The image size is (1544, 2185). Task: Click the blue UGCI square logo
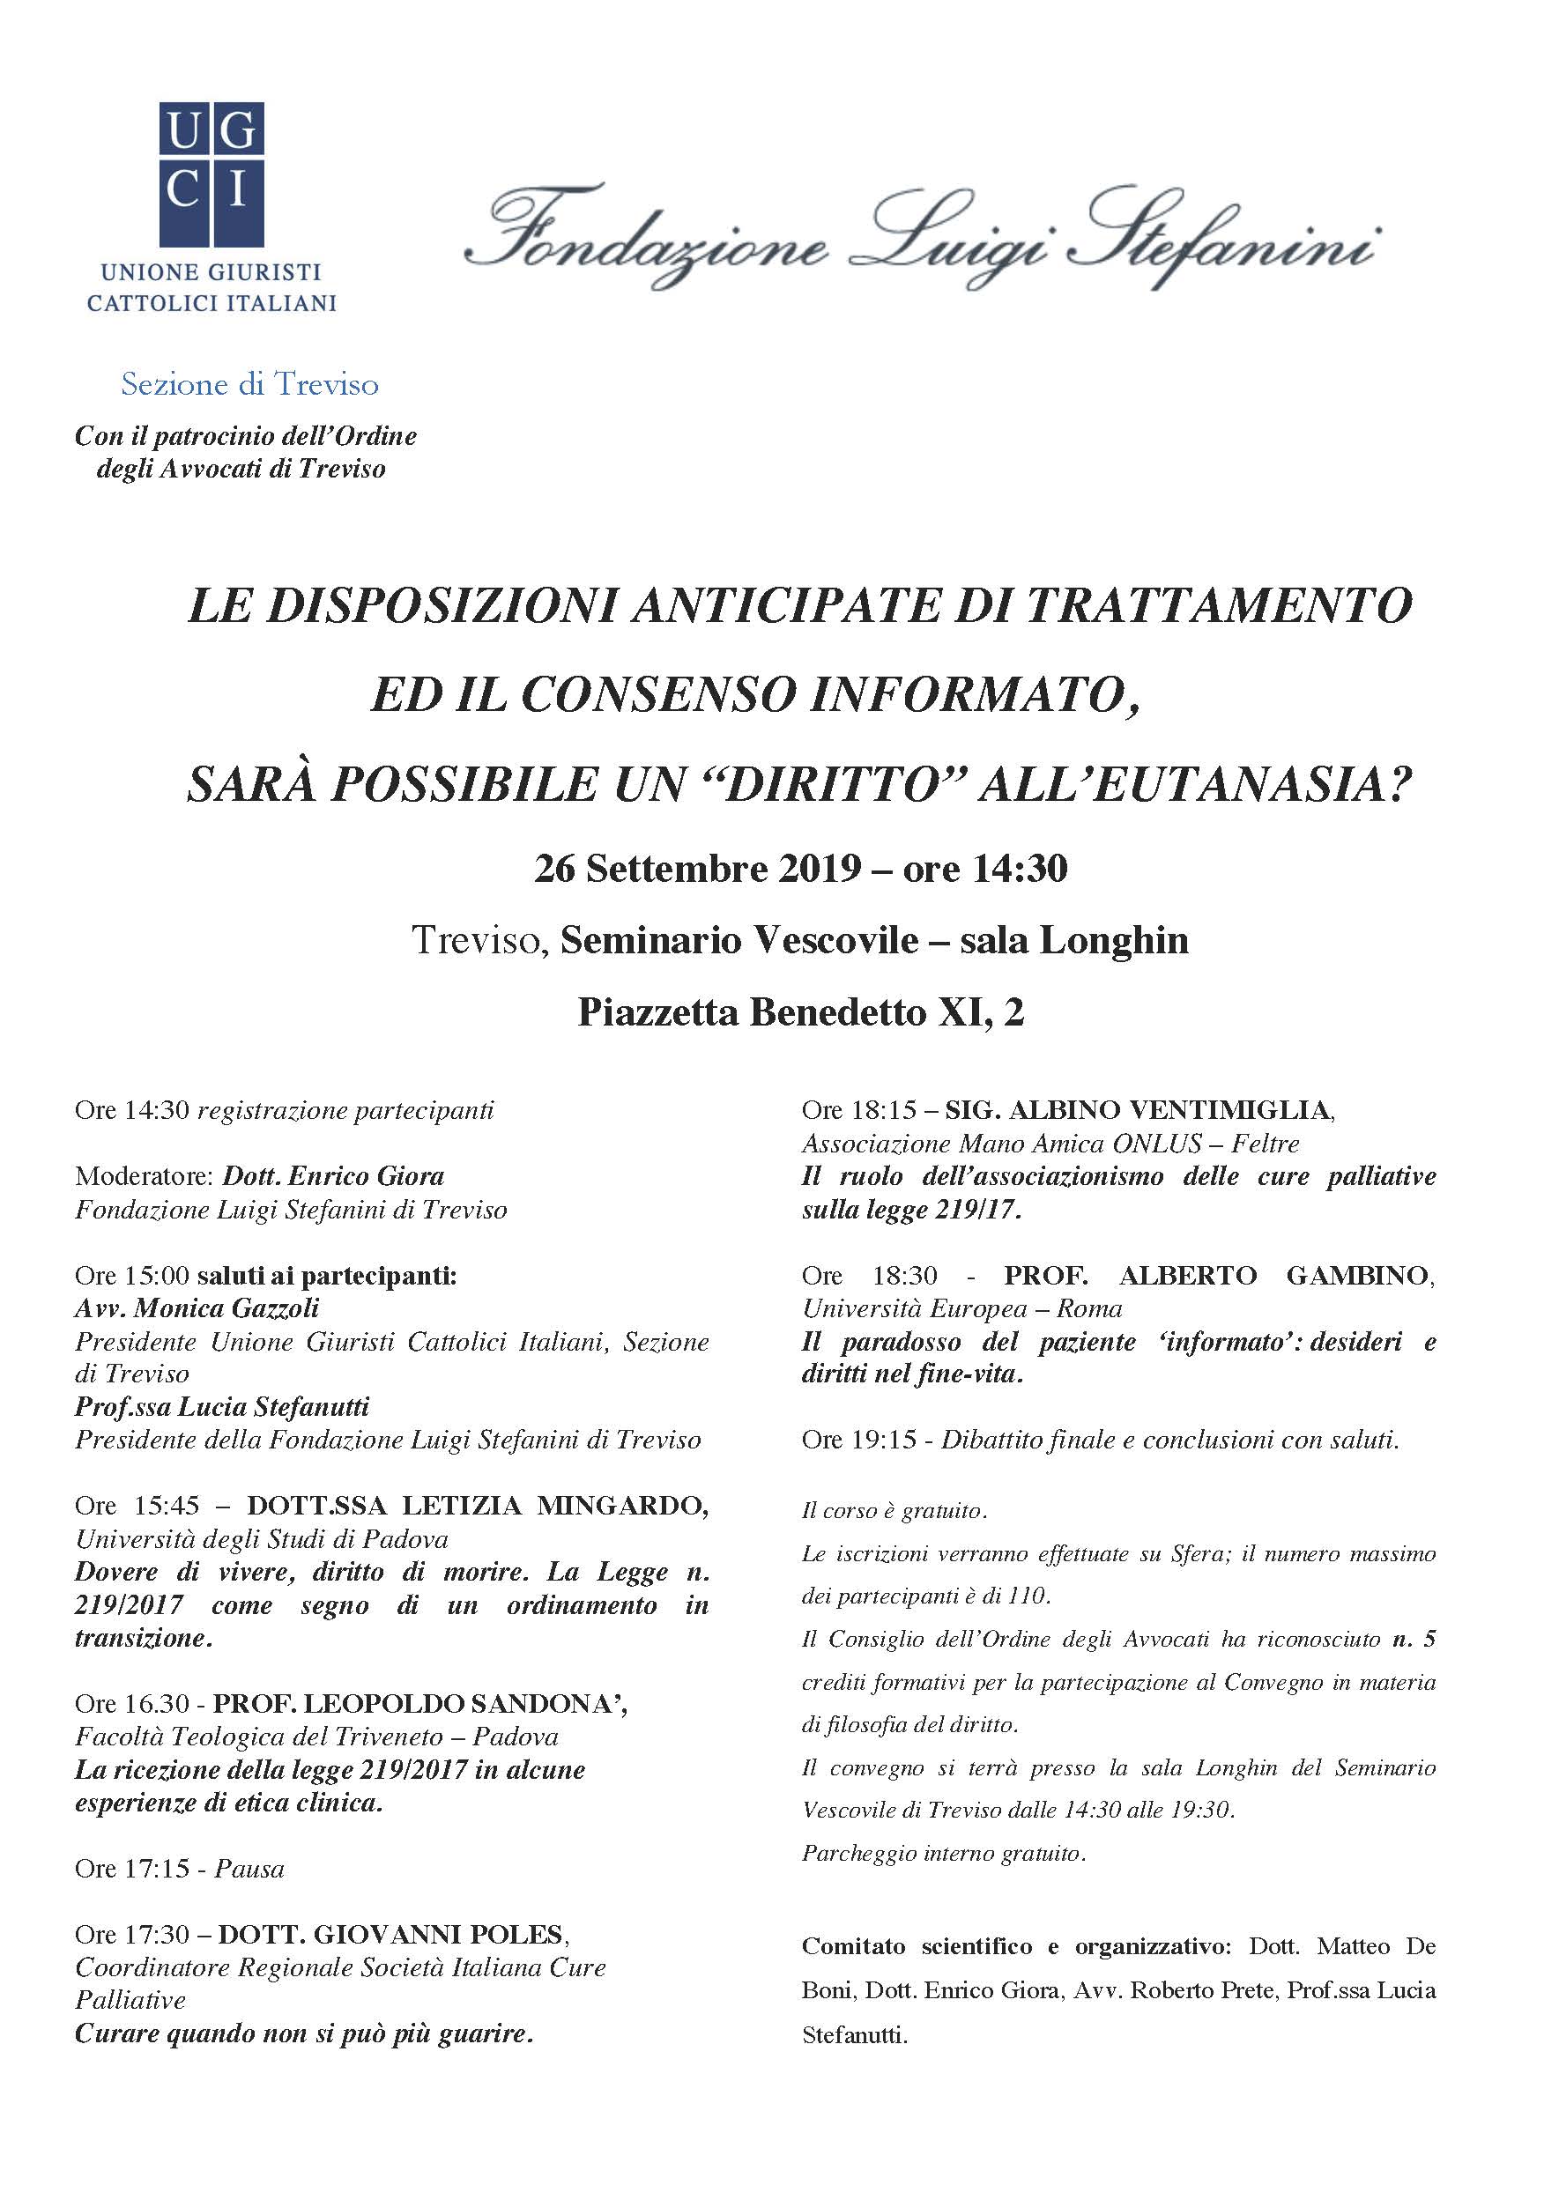211,174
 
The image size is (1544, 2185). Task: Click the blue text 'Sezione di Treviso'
249,384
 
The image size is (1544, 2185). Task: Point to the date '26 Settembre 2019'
698,869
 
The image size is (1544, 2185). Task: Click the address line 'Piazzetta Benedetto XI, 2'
800,1012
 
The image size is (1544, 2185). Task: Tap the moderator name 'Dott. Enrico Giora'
333,1176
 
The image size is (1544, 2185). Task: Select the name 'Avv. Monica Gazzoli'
197,1308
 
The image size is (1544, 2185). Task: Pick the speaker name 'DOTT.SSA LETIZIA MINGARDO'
477,1506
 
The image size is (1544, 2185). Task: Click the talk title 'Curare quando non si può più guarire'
304,2033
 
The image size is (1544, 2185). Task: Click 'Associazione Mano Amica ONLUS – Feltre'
1050,1143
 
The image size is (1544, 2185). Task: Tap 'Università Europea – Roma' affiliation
961,1308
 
